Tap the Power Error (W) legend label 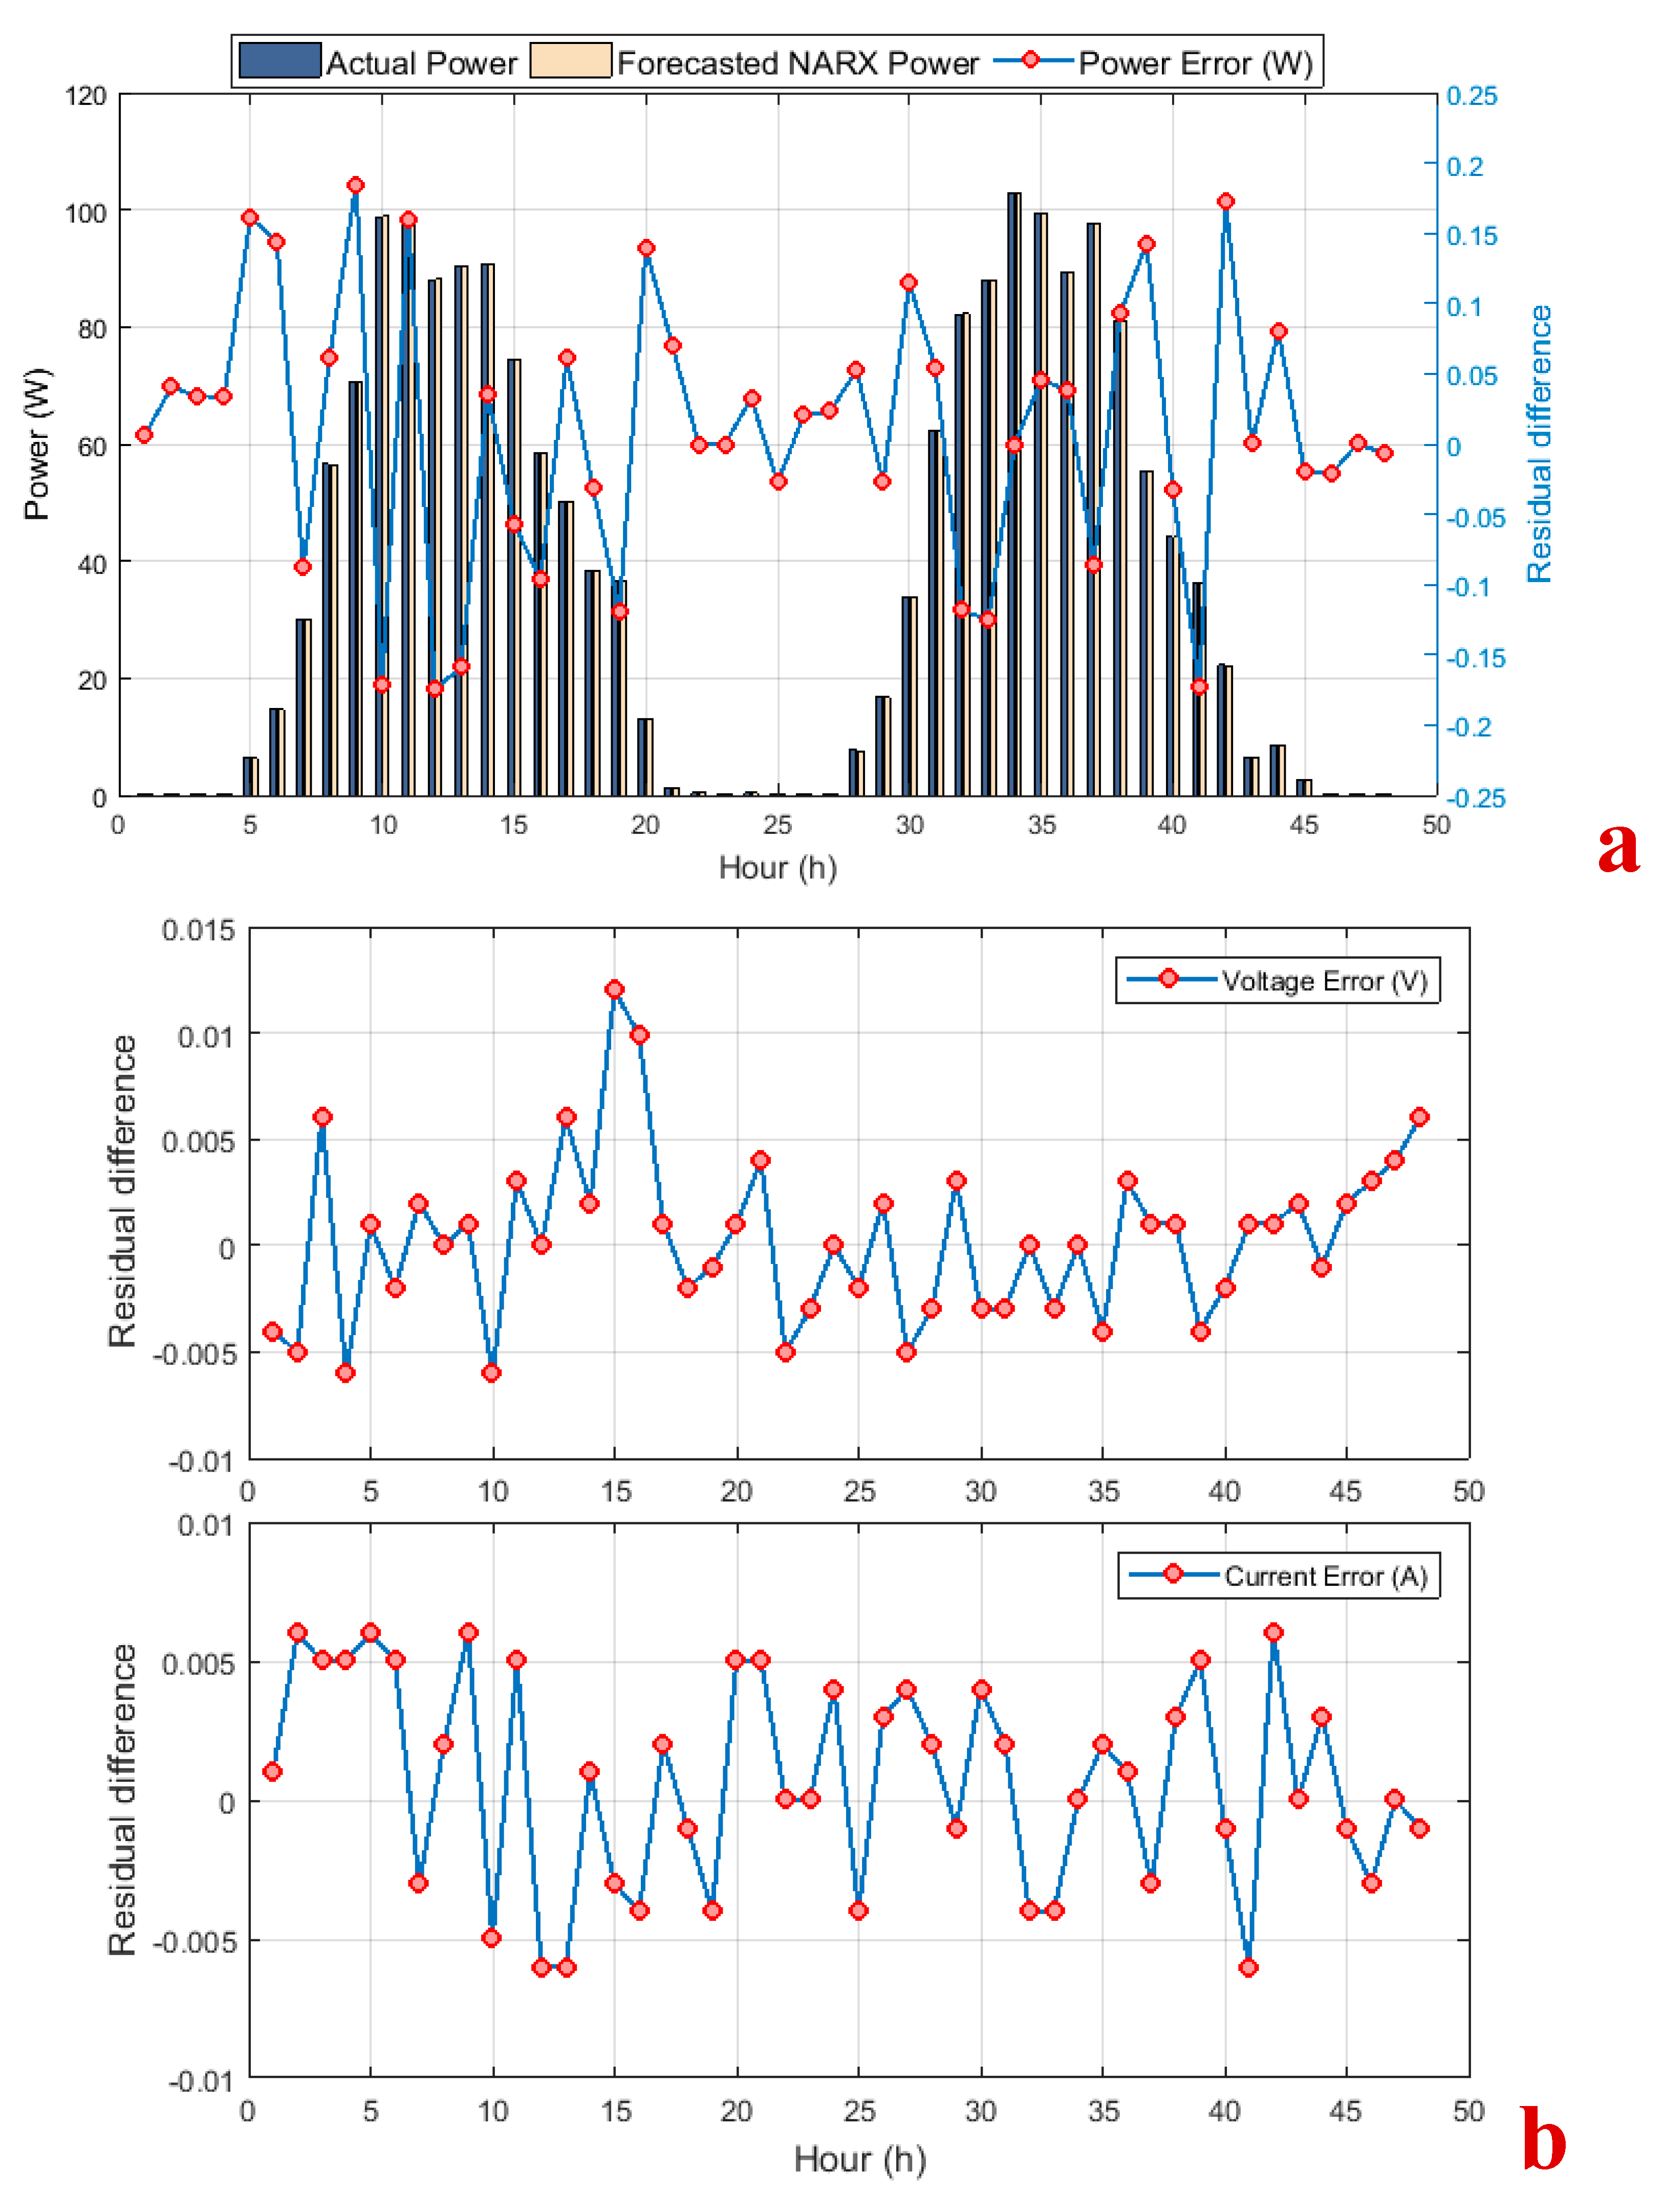(x=1196, y=63)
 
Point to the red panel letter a (x=1617, y=848)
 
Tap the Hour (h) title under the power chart (x=778, y=868)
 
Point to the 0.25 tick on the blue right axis (x=1472, y=96)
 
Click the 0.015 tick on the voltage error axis (x=199, y=930)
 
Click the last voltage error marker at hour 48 (x=1420, y=1117)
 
